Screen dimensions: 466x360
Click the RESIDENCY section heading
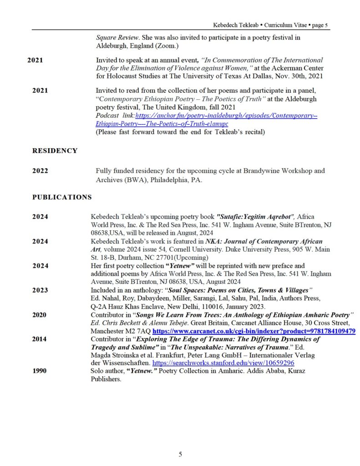coord(55,151)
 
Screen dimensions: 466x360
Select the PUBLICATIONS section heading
coord(62,197)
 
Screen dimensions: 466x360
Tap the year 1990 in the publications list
coord(40,371)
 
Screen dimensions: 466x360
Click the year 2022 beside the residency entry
coord(40,171)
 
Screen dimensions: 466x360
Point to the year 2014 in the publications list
coord(40,339)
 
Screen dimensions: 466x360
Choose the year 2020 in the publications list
coord(40,314)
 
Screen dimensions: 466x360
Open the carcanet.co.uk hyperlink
coord(254,331)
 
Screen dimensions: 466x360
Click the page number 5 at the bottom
coord(180,454)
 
